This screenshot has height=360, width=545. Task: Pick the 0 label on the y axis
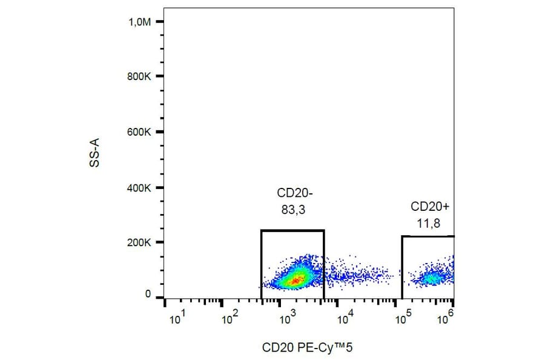[x=147, y=295]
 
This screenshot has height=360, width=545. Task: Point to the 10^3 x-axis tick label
[x=286, y=318]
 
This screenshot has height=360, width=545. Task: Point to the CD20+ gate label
[x=430, y=206]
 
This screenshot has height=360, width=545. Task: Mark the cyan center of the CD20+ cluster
[x=431, y=278]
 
